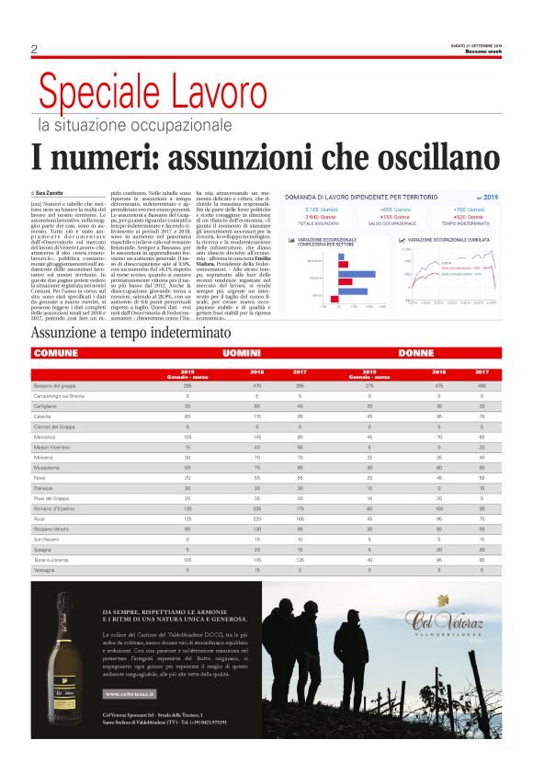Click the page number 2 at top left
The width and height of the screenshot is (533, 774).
click(33, 49)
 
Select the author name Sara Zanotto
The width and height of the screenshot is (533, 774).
click(54, 191)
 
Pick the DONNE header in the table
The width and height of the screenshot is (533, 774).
click(415, 352)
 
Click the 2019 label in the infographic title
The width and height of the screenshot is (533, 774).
click(490, 197)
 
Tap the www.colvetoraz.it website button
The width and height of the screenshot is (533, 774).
click(128, 694)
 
